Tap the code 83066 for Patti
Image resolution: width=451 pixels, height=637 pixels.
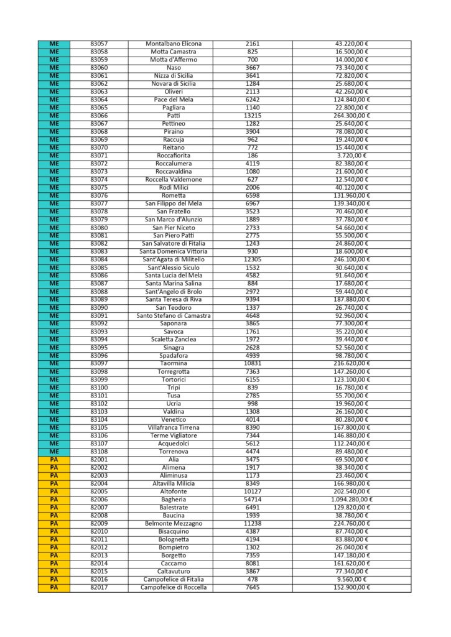(x=99, y=116)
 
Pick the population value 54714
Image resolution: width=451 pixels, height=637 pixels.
(x=253, y=500)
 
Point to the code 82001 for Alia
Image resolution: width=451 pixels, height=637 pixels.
(x=99, y=460)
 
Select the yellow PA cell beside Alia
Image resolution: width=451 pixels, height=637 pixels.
(x=53, y=460)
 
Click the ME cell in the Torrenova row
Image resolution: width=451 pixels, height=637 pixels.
(x=53, y=452)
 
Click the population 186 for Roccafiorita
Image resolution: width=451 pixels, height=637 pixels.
(x=253, y=156)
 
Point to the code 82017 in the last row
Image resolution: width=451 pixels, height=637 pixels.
(x=99, y=587)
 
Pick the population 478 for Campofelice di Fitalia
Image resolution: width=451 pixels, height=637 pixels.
(x=253, y=579)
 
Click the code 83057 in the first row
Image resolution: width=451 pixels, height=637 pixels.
(x=99, y=44)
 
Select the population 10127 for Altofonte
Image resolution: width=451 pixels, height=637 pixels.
(x=253, y=491)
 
